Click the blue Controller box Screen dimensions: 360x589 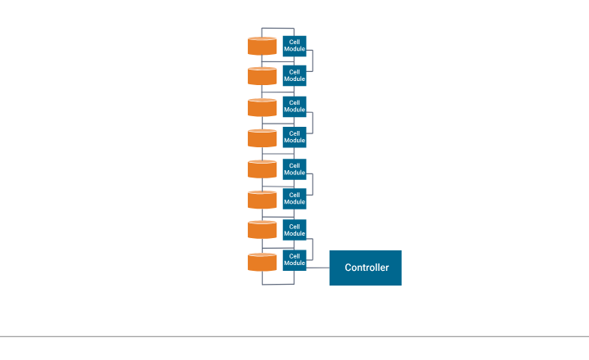coord(365,268)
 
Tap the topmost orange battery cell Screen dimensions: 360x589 coord(263,46)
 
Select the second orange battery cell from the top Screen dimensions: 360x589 coord(263,76)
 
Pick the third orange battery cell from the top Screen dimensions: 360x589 coord(263,107)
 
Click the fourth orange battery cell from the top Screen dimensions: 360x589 coord(263,138)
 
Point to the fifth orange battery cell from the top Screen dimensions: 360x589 coord(263,169)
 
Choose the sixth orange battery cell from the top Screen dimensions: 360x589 coord(263,200)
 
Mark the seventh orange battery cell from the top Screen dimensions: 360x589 coord(263,230)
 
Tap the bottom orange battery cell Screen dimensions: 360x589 coord(263,262)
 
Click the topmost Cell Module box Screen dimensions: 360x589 coord(294,46)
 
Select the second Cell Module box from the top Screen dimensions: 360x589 coord(294,76)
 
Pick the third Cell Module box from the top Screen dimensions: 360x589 coord(294,106)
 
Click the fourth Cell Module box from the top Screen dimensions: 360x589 coord(294,137)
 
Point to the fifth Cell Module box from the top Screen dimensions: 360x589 coord(294,169)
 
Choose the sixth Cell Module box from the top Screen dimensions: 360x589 coord(294,199)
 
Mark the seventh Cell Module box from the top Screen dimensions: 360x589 coord(294,230)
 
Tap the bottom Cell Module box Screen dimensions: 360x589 coord(294,260)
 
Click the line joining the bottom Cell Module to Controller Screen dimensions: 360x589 coord(318,268)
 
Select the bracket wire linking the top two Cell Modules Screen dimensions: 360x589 coord(313,61)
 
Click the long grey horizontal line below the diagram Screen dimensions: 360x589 coord(294,336)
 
